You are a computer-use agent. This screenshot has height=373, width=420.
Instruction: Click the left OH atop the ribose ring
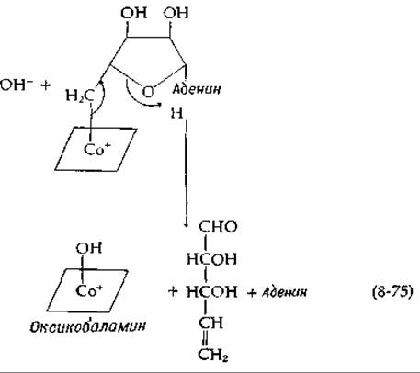[x=133, y=13]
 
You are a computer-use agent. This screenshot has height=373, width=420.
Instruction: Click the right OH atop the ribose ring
[x=176, y=13]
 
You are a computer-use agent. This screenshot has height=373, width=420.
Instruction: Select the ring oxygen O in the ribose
[x=148, y=91]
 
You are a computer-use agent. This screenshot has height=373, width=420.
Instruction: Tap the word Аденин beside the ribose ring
[x=197, y=89]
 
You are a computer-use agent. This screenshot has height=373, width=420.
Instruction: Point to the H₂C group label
[x=80, y=96]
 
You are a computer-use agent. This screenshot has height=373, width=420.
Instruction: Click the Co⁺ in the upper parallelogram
[x=96, y=149]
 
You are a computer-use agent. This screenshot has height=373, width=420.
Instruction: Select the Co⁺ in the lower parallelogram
[x=89, y=290]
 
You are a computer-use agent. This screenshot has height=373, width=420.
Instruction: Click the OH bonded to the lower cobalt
[x=89, y=248]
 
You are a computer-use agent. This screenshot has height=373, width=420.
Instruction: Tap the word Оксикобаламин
[x=87, y=326]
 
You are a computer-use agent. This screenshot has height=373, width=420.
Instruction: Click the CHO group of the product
[x=218, y=227]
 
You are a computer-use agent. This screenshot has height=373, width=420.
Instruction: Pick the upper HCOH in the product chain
[x=211, y=259]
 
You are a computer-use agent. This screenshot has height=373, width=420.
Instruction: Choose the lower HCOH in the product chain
[x=211, y=291]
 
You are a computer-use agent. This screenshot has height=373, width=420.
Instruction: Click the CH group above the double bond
[x=210, y=322]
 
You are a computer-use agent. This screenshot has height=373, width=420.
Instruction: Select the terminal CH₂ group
[x=213, y=355]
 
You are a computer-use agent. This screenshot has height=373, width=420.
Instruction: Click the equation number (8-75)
[x=392, y=291]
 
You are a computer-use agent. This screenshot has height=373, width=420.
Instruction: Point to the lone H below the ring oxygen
[x=176, y=114]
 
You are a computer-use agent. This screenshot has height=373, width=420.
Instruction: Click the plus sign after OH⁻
[x=45, y=85]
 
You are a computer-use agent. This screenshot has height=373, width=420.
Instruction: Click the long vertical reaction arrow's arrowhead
[x=186, y=224]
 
